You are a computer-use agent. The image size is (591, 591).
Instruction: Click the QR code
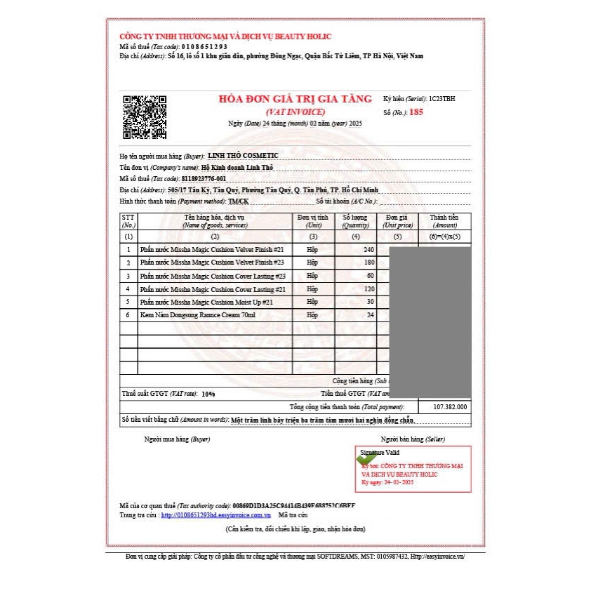pos(145,116)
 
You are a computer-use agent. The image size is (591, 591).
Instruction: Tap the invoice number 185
pos(416,112)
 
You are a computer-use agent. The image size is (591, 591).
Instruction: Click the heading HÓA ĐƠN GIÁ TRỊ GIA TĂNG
pos(295,100)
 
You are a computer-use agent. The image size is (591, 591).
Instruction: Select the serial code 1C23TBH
pos(441,99)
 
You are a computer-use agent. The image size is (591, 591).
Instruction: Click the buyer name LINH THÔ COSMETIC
pos(243,155)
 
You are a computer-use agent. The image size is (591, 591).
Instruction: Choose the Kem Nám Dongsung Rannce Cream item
pos(198,315)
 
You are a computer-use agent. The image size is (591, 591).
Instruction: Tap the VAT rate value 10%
pos(208,394)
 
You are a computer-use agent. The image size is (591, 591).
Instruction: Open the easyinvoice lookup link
pos(216,515)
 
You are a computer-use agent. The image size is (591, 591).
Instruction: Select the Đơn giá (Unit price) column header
pos(398,221)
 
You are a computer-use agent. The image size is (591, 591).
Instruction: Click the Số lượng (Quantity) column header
pos(355,221)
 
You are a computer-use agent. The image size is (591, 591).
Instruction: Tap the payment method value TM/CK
pos(238,202)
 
